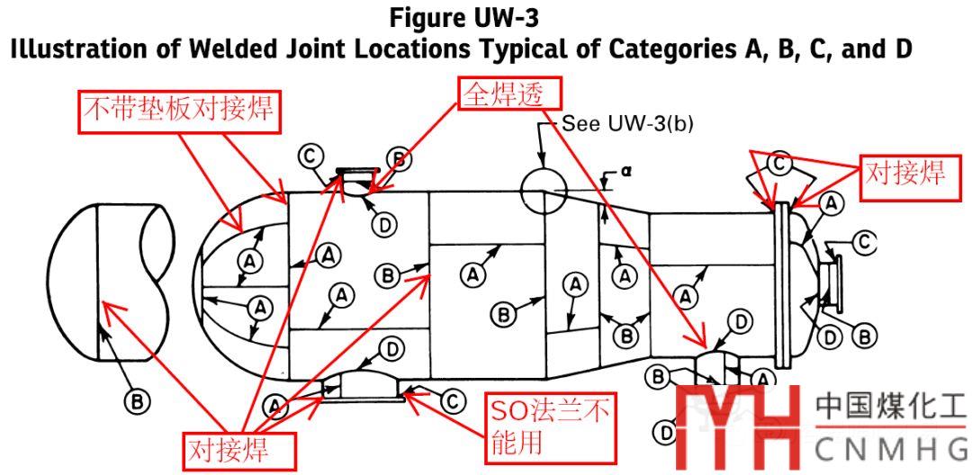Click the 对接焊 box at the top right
point(905,174)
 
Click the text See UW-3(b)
point(627,123)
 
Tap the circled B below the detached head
point(137,402)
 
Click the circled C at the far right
point(864,240)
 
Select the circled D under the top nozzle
point(385,225)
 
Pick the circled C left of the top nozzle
point(310,157)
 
